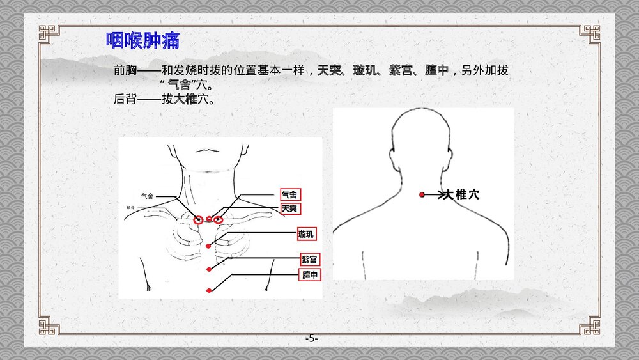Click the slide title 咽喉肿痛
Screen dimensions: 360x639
142,41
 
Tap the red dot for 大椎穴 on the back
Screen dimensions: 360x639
422,194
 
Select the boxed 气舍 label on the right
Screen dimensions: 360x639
289,194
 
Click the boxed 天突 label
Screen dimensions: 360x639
289,208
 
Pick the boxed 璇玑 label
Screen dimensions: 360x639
306,235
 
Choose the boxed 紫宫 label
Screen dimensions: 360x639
309,260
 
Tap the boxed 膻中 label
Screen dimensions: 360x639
310,275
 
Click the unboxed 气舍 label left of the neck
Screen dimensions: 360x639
147,196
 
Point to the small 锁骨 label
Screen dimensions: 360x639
130,208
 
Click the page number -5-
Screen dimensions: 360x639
311,338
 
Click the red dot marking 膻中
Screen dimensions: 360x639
209,290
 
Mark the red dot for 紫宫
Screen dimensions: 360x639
209,270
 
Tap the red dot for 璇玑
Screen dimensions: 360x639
209,246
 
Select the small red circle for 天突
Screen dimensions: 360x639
209,219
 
